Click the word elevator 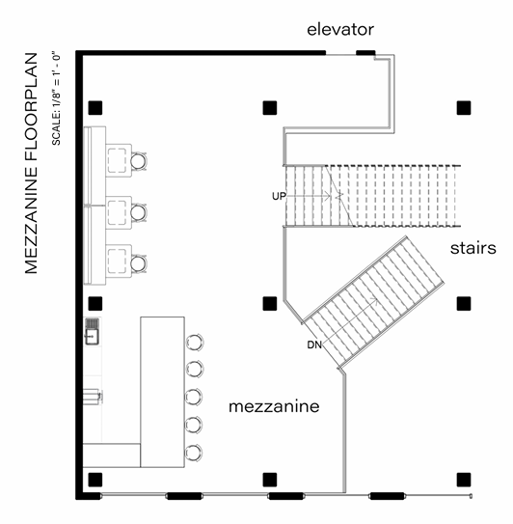[340, 29]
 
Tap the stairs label [472, 248]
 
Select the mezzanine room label [274, 406]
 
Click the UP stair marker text [279, 196]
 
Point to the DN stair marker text [314, 345]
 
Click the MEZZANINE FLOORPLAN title [31, 163]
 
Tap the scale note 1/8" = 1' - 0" [56, 98]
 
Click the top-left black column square [95, 108]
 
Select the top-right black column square [464, 108]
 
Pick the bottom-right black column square [464, 480]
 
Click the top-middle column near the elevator [270, 108]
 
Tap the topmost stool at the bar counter [195, 343]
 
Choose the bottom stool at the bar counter [194, 453]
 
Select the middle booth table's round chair [138, 212]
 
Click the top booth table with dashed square [119, 160]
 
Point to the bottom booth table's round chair [138, 263]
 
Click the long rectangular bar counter [162, 392]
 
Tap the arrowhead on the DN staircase [375, 301]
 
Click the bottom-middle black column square [270, 480]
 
